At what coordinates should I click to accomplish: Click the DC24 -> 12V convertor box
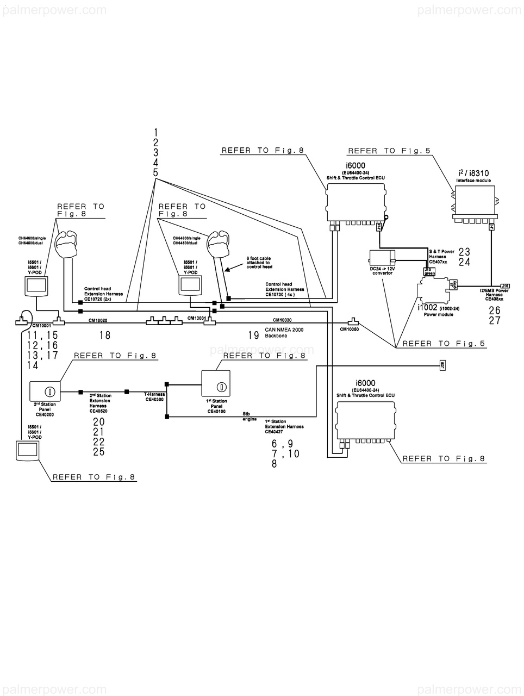(x=382, y=259)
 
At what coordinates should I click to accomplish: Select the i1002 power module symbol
(x=433, y=292)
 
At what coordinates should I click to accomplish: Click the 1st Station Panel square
(x=216, y=384)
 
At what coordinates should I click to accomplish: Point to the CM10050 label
(x=349, y=330)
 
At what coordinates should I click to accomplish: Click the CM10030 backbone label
(x=282, y=320)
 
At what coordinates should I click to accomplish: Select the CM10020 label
(x=98, y=321)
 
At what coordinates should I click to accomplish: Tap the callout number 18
(x=104, y=335)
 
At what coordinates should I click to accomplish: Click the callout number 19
(x=253, y=335)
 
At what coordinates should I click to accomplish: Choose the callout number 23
(x=464, y=252)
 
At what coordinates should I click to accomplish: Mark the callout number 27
(x=494, y=321)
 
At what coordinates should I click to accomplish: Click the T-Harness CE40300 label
(x=154, y=397)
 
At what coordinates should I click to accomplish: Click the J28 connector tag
(x=441, y=366)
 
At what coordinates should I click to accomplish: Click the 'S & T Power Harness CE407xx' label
(x=441, y=257)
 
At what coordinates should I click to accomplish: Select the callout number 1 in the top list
(x=155, y=132)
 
